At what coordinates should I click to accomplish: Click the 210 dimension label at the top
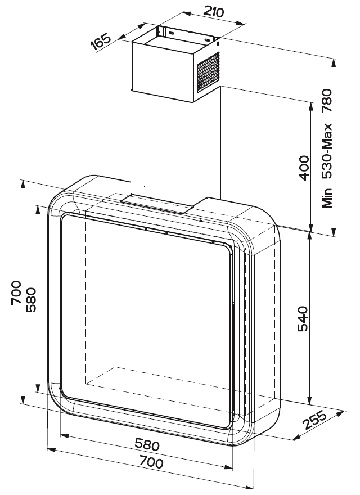(213, 11)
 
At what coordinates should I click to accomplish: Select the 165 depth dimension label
(101, 42)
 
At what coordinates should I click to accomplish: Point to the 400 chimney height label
(304, 168)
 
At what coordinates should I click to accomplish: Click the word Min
(327, 198)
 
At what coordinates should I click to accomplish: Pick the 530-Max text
(327, 151)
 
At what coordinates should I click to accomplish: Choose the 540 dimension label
(303, 318)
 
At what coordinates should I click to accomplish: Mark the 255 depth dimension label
(314, 420)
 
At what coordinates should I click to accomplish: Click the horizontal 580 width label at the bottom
(147, 445)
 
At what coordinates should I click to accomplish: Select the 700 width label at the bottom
(151, 462)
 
